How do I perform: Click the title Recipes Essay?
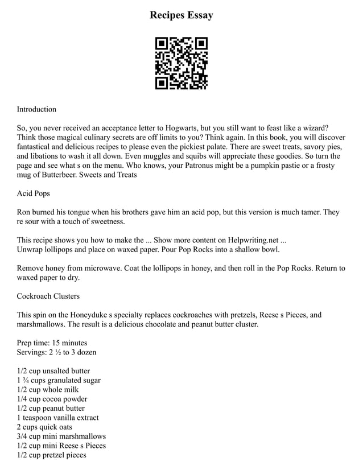coord(181,15)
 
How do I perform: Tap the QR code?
coord(181,63)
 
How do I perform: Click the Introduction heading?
coord(36,109)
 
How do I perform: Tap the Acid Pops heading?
coord(34,193)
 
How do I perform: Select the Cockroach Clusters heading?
coord(48,296)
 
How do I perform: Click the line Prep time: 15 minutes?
coord(52,343)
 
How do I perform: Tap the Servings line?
coord(57,352)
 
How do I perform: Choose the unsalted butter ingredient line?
coord(53,370)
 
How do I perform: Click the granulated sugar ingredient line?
coord(59,380)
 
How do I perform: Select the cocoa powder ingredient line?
coord(52,399)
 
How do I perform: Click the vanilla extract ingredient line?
coord(57,417)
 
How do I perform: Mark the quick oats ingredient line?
coord(46,427)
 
